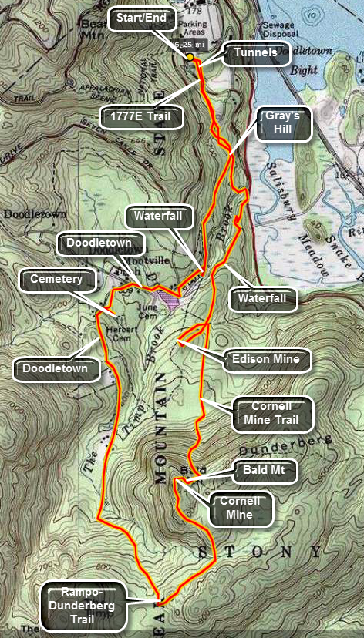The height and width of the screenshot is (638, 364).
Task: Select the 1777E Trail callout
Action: coord(143,116)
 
